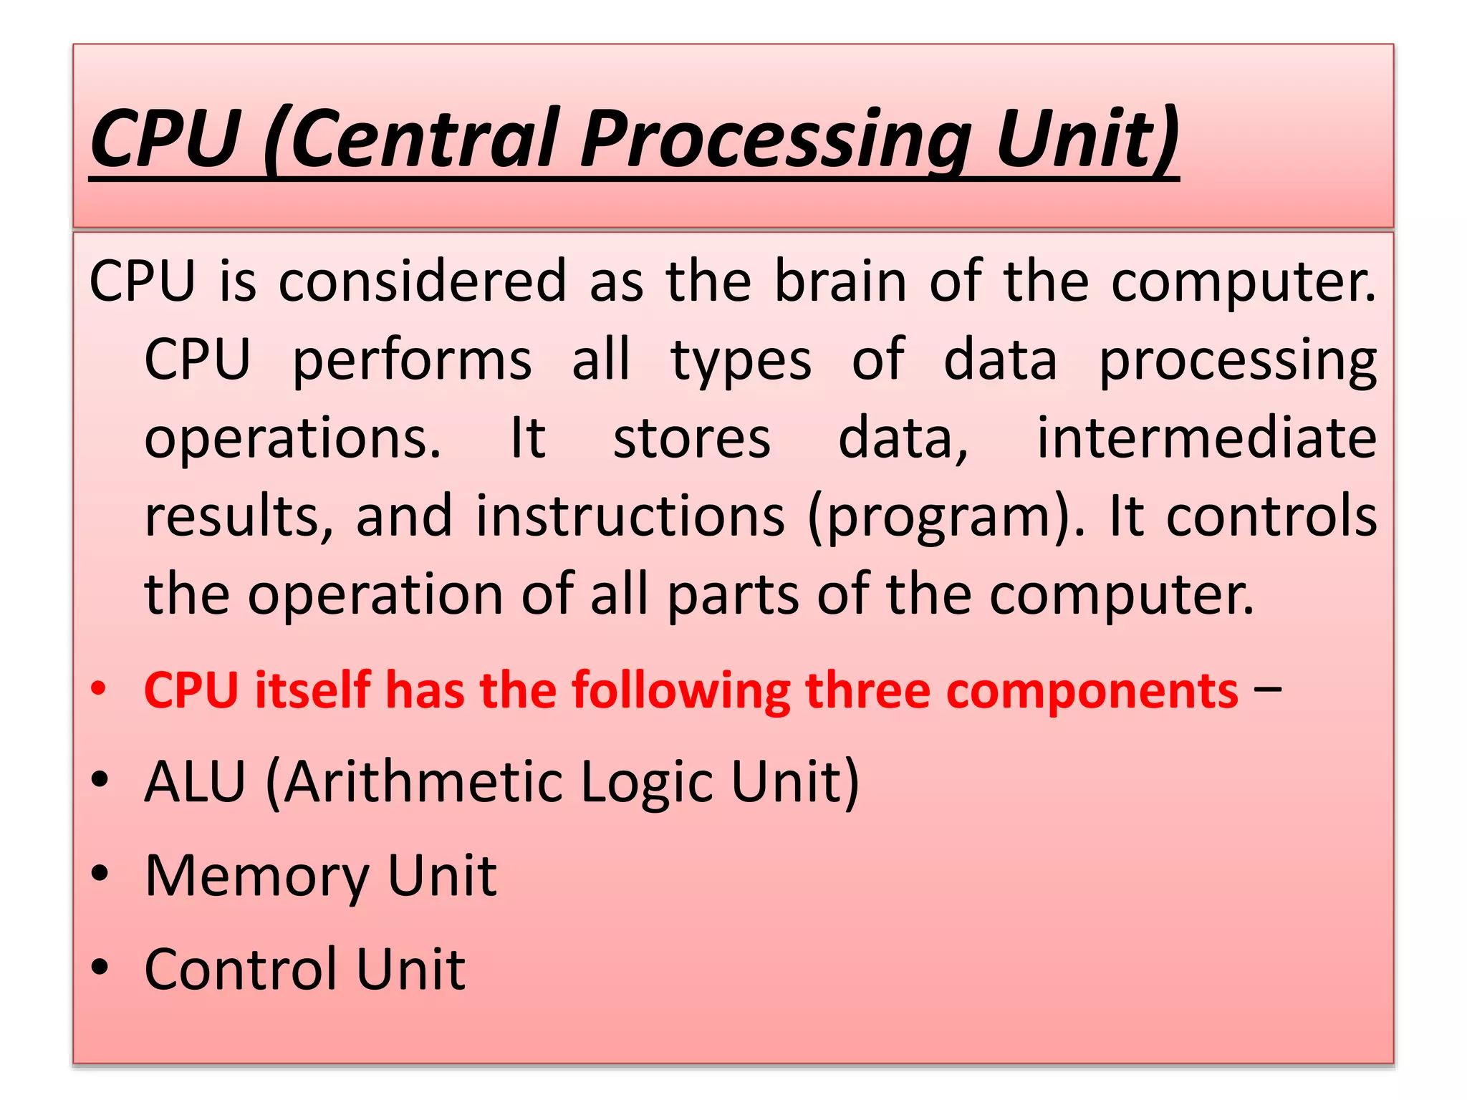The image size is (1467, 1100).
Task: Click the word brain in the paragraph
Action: click(841, 281)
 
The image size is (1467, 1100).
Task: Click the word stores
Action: click(692, 438)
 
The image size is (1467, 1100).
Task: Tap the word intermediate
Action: click(1207, 438)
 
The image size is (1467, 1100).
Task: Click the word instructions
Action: click(630, 516)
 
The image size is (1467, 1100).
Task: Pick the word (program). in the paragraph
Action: click(946, 518)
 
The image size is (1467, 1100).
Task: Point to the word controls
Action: click(1271, 516)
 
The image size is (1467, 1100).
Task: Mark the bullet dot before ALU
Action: click(100, 780)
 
